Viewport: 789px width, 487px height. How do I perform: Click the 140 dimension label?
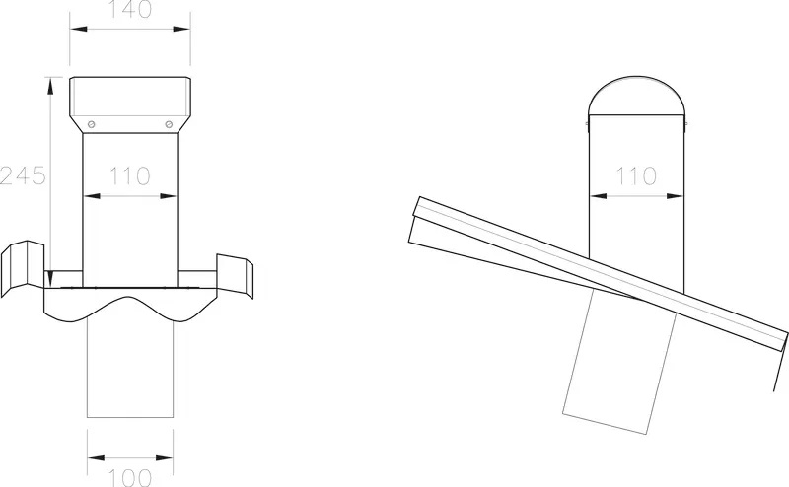(130, 10)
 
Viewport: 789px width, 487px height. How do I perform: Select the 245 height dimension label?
(23, 175)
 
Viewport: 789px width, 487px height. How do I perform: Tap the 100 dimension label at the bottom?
(130, 478)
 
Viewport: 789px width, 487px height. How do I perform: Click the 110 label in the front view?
(130, 176)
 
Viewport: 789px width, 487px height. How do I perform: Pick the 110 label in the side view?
(636, 176)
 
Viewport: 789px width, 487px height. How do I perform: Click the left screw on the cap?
(91, 124)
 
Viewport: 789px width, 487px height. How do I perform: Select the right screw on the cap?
(169, 124)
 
